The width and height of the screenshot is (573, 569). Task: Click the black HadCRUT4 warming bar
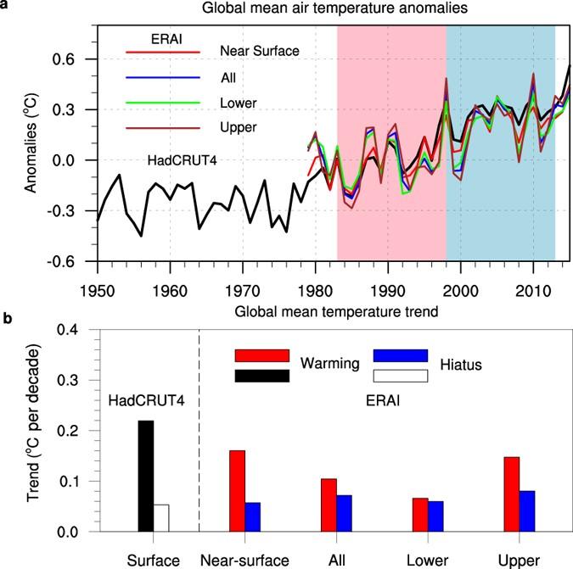coord(146,476)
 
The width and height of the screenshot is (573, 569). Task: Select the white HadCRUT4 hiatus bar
coord(161,518)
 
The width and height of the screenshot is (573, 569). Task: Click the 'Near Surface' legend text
coord(259,51)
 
